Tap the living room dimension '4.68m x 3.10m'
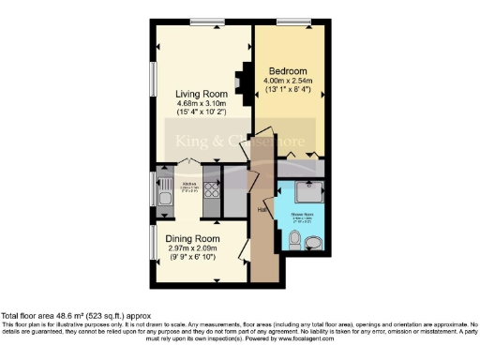click(201, 105)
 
